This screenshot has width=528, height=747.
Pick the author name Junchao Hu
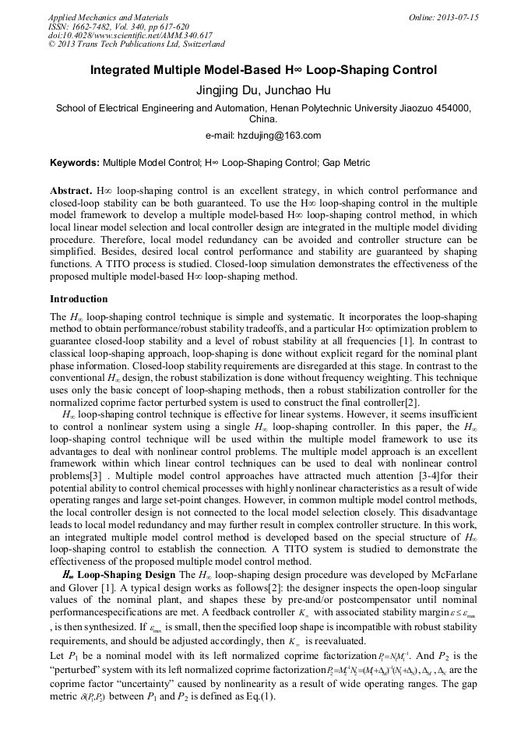point(296,90)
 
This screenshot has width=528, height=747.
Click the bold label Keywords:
point(75,163)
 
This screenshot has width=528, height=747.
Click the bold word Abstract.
point(72,190)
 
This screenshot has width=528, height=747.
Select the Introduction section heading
point(79,299)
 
